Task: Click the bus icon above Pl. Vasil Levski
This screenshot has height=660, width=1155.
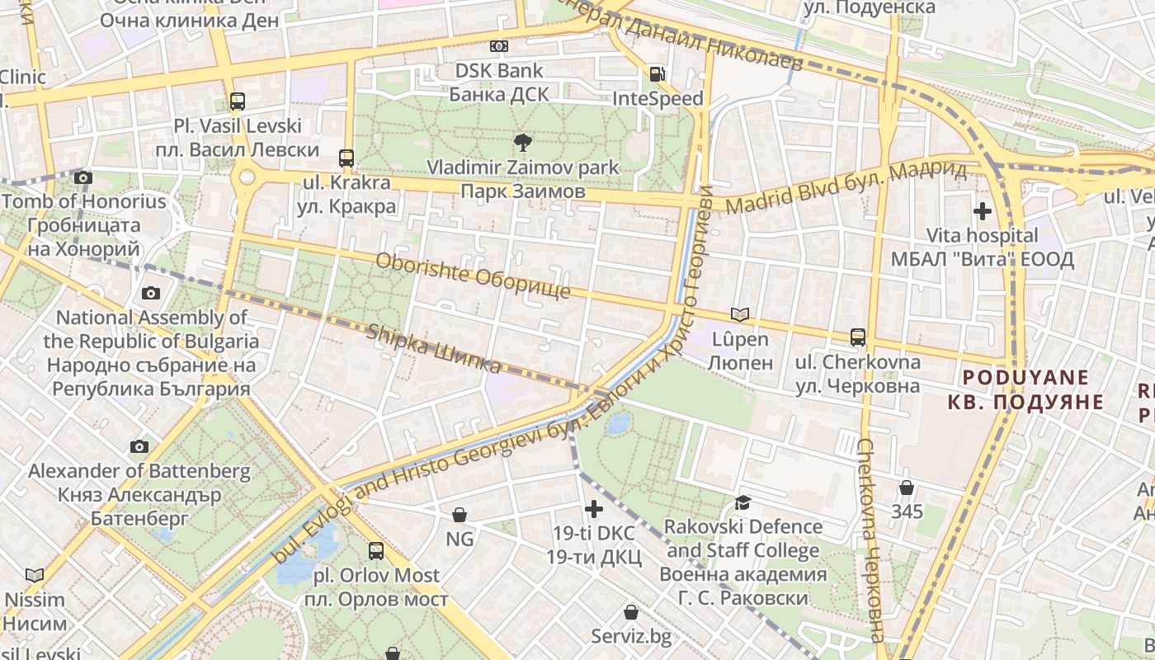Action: point(238,101)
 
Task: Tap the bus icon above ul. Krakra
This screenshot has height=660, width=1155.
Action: point(346,158)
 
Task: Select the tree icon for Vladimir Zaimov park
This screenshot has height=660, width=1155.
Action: point(522,143)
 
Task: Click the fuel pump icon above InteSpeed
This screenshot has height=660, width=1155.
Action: point(658,74)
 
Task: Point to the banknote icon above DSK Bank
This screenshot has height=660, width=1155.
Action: point(499,46)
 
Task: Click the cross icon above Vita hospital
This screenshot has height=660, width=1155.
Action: point(982,211)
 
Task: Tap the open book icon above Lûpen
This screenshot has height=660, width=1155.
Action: point(740,314)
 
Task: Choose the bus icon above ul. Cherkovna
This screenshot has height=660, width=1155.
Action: point(858,337)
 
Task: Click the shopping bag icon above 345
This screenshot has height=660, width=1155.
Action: point(907,487)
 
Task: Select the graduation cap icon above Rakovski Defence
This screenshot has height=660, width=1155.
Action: point(743,502)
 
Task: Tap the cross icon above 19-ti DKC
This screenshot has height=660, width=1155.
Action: point(593,508)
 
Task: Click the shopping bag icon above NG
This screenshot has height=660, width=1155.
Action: point(460,515)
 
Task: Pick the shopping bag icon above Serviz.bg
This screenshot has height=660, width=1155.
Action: point(631,612)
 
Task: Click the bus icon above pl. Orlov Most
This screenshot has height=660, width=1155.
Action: point(376,550)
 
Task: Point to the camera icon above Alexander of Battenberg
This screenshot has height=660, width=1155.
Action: point(139,446)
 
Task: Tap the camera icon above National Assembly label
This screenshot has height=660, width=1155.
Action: point(151,293)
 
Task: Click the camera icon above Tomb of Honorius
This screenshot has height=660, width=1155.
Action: point(82,177)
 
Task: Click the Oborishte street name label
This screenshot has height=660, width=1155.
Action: point(473,276)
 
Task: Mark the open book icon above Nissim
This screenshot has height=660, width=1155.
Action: point(35,575)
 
